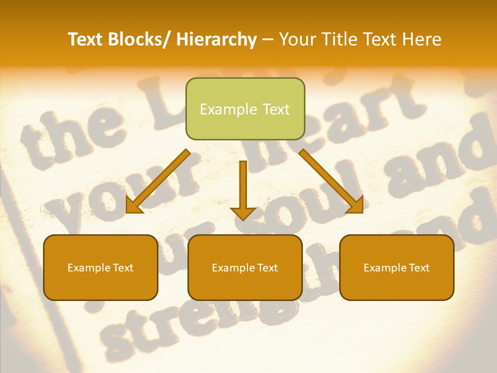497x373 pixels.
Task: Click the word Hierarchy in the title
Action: [x=216, y=39]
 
